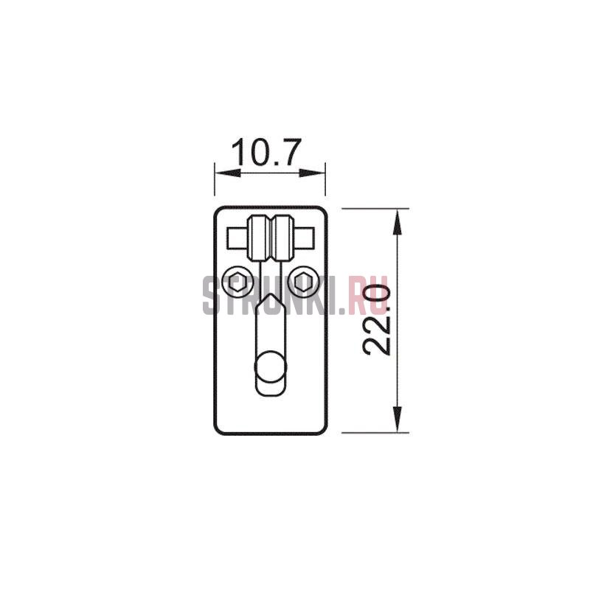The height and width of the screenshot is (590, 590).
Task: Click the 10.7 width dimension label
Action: (x=266, y=153)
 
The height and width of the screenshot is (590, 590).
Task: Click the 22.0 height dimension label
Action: (x=376, y=320)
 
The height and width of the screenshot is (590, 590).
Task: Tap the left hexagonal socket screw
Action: (x=237, y=282)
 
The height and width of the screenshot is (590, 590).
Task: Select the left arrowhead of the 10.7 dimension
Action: (x=228, y=173)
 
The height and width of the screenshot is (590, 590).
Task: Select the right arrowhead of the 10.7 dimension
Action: (x=312, y=173)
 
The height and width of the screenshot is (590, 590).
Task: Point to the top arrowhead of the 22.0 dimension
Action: (x=398, y=222)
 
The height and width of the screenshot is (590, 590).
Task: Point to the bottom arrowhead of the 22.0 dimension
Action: (x=398, y=419)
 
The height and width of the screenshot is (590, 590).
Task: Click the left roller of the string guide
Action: (x=259, y=237)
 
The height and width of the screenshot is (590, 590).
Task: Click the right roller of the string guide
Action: (x=282, y=237)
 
